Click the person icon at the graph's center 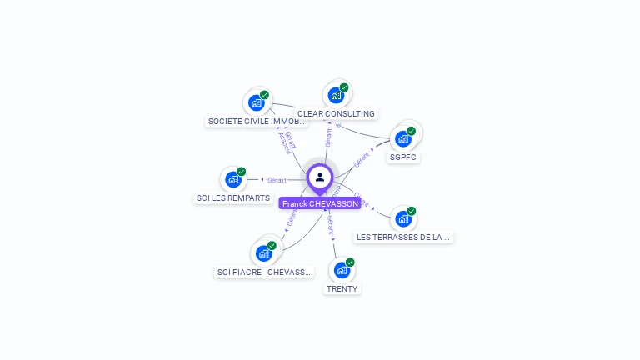coord(320,177)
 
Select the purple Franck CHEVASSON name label coord(320,203)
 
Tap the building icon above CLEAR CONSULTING coord(336,95)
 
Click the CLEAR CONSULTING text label coord(336,114)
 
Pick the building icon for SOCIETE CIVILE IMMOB coord(257,102)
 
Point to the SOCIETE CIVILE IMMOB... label coord(257,122)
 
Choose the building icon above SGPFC coord(403,138)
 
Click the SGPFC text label coord(403,157)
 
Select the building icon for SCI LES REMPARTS coord(233,179)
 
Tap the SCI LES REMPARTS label coord(233,198)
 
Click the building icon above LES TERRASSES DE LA coord(403,218)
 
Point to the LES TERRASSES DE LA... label coord(403,237)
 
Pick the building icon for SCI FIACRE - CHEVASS coord(264,252)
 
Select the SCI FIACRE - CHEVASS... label coord(264,272)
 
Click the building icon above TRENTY coord(342,270)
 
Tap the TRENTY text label coord(342,289)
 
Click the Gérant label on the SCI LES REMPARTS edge coord(277,180)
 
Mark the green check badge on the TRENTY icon coord(350,262)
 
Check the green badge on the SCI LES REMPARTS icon coord(242,172)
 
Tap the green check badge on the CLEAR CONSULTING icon coord(344,87)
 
